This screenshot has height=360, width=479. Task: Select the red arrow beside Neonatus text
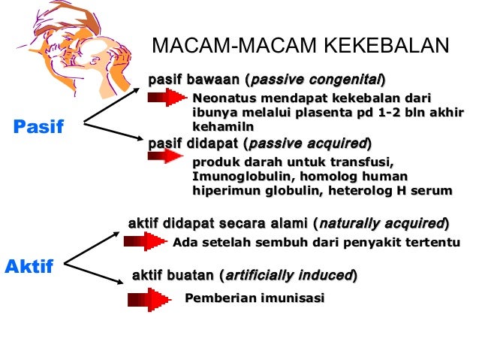coord(166,98)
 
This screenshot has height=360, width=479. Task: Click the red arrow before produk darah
coord(166,156)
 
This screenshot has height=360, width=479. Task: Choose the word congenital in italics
coord(345,78)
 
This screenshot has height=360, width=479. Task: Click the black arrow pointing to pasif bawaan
coord(113,104)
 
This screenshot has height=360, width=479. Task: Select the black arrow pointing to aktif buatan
coord(95,274)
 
